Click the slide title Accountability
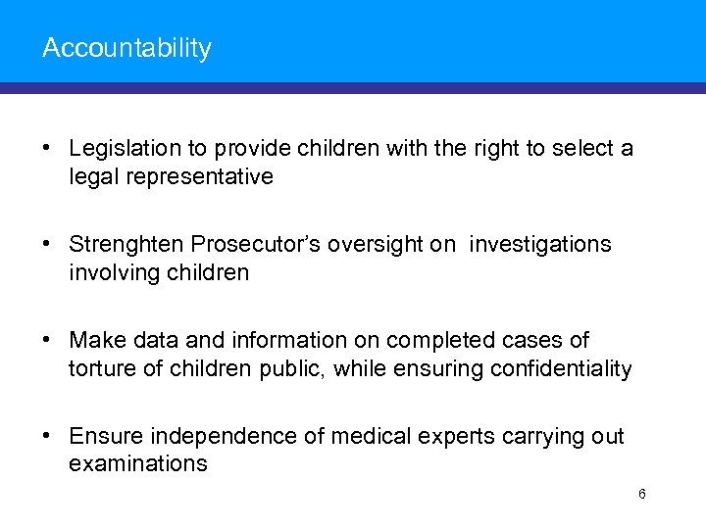click(126, 48)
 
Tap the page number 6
click(642, 494)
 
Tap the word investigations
click(539, 245)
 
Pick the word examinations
click(138, 464)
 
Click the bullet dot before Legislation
click(48, 150)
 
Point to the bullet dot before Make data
click(48, 341)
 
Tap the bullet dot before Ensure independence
click(48, 437)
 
